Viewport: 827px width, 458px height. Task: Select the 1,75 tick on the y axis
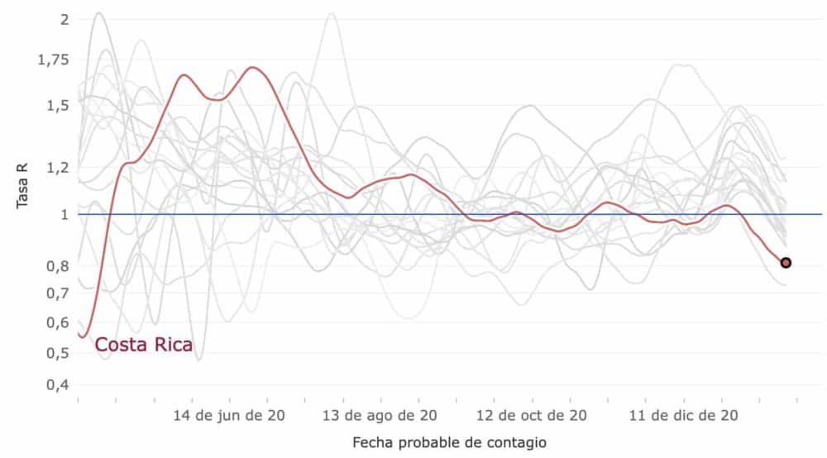tap(54, 60)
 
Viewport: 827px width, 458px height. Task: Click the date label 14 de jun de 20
tap(228, 415)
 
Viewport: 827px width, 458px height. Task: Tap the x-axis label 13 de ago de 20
tap(380, 415)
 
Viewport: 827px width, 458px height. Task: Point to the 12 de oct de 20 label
tap(531, 415)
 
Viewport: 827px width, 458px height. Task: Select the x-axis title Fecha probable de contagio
tap(449, 442)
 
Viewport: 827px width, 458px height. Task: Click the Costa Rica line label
tap(144, 345)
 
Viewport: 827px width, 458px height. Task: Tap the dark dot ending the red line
tap(786, 263)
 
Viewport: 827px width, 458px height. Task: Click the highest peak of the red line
tap(252, 68)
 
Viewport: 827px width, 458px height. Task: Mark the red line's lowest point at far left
tap(83, 337)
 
